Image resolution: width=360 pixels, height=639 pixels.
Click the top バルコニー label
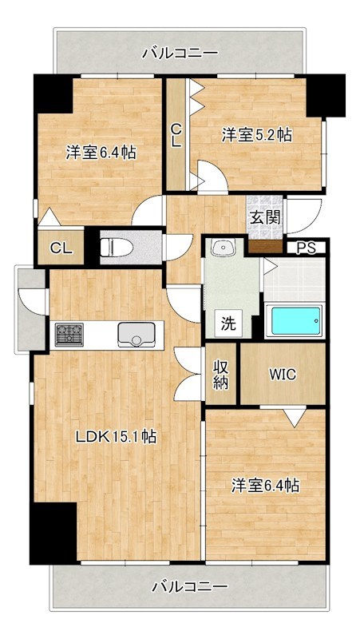click(180, 54)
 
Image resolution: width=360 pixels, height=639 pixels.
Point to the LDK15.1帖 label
click(116, 437)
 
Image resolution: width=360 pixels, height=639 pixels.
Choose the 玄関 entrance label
click(263, 216)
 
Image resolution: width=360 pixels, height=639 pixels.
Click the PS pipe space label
click(306, 248)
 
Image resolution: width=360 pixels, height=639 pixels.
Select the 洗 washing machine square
click(229, 323)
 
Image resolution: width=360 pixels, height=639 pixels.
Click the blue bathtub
click(295, 321)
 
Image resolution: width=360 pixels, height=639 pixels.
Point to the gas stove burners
click(69, 333)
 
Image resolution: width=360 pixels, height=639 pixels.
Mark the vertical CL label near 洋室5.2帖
click(176, 134)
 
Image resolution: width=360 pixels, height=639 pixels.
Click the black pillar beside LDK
click(53, 533)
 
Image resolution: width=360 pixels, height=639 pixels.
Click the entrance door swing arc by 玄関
click(304, 214)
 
